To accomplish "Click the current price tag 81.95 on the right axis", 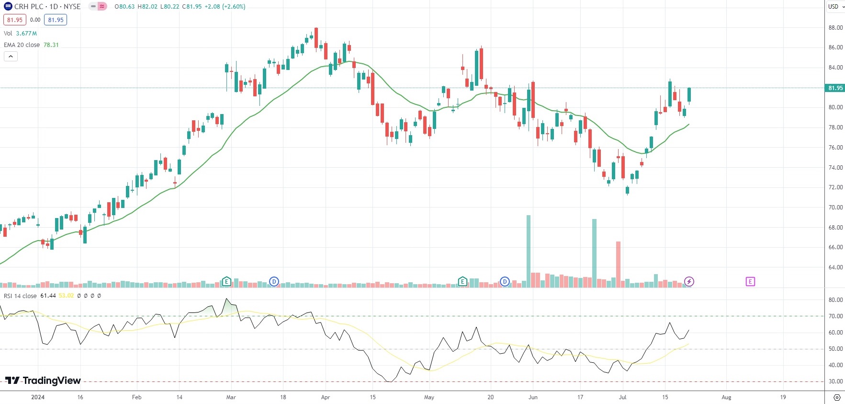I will pos(835,88).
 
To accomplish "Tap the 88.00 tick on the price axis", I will pos(835,28).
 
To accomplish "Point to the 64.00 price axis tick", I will pos(835,267).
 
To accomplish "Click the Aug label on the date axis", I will pos(726,397).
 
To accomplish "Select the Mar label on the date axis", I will pos(231,397).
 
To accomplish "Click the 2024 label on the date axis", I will pos(37,397).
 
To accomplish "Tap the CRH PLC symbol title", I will pos(28,7).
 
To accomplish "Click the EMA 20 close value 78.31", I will pos(51,45).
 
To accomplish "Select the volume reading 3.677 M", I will pos(26,34).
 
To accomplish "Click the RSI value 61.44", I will pos(48,296).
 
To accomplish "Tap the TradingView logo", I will pos(43,381).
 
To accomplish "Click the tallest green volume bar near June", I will pos(529,251).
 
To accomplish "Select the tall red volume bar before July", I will pos(618,264).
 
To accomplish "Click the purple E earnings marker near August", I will pos(750,281).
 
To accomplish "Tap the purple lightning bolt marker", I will pos(689,281).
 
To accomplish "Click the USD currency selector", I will pos(836,7).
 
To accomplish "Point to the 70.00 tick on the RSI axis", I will pos(835,316).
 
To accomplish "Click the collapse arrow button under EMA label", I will pos(11,57).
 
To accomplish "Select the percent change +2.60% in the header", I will pos(234,7).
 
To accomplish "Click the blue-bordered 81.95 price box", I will pos(56,20).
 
